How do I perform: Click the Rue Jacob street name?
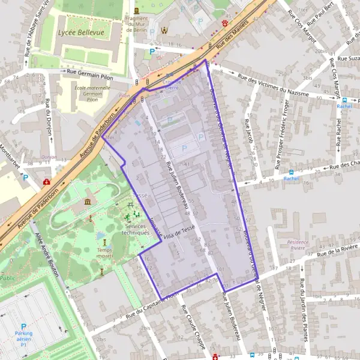click(x=249, y=132)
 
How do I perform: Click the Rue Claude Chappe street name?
click(x=194, y=328)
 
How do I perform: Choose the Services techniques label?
click(x=134, y=229)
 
